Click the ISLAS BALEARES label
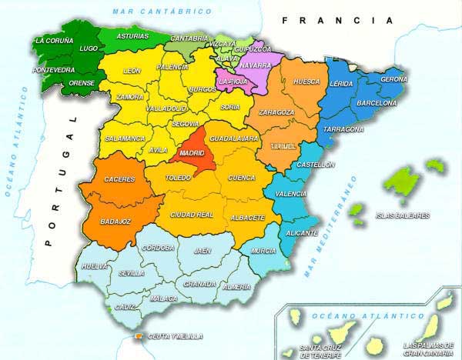coord(402,216)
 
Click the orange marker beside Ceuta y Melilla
coord(139,337)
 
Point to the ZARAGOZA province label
coord(276,112)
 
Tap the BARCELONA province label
coord(377,102)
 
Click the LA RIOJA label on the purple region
coord(233,80)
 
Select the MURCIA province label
coord(264,251)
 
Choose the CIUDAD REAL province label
coord(192,215)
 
